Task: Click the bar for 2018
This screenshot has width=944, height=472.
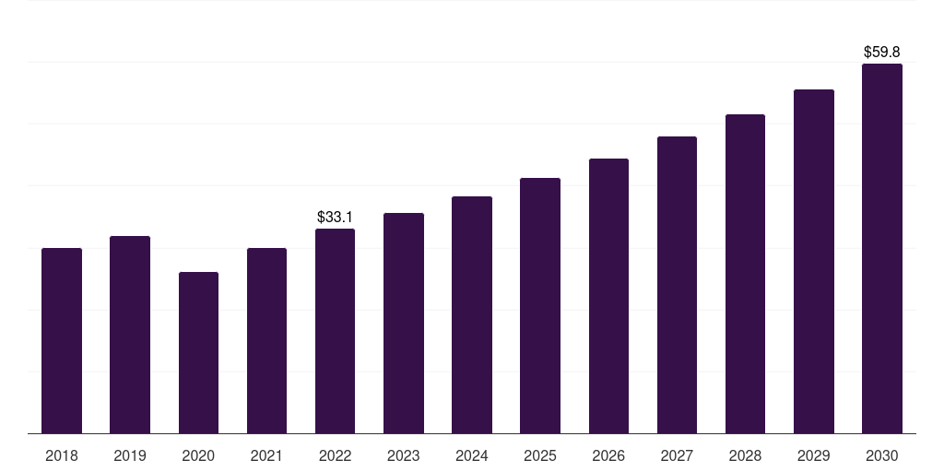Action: click(62, 341)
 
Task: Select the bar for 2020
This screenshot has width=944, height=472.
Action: click(198, 353)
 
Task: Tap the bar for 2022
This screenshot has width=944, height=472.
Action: click(335, 331)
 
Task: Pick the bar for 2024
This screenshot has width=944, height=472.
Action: click(472, 315)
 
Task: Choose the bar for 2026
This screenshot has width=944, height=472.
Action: click(608, 296)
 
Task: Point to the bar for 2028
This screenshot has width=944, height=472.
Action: click(745, 274)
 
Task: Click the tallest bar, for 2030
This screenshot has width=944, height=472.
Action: click(882, 249)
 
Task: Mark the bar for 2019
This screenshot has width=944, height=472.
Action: click(130, 335)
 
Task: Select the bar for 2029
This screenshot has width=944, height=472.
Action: click(814, 262)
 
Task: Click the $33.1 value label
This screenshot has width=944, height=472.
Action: click(335, 218)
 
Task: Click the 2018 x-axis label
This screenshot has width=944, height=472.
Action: click(62, 455)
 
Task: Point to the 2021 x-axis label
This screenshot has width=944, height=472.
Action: click(266, 455)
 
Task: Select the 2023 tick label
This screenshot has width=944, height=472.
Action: click(404, 455)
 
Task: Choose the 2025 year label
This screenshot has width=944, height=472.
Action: click(540, 455)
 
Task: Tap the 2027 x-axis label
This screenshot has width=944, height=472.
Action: click(677, 455)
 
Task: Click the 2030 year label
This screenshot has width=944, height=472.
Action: click(882, 455)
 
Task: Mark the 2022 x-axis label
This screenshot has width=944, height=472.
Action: click(335, 455)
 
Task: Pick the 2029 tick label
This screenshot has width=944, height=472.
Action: click(814, 455)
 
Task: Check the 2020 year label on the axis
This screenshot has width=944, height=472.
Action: click(198, 455)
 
